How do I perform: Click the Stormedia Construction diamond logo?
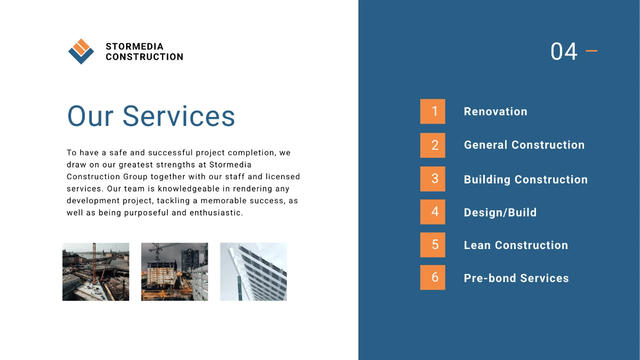coord(81,52)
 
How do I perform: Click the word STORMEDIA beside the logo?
coord(134,47)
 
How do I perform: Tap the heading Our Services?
coord(151,116)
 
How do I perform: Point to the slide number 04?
coord(564,52)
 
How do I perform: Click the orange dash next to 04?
coord(591,51)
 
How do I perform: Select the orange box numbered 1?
coord(433,111)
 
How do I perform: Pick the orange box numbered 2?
coord(433,145)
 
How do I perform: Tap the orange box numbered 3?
coord(433,179)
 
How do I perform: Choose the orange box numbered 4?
coord(433,212)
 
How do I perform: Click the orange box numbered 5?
coord(433,245)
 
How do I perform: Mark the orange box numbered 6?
coord(433,277)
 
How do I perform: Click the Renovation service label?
coord(495,111)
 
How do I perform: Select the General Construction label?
coord(524,145)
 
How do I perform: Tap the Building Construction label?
coord(526,180)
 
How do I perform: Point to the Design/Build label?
coord(500,213)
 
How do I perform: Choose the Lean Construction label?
coord(516,245)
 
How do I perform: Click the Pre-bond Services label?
coord(516,278)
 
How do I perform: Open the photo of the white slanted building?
coord(253,271)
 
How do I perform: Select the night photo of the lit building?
coord(174,271)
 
